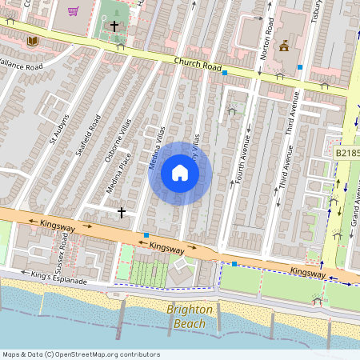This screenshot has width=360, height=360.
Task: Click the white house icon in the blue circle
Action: click(180, 173)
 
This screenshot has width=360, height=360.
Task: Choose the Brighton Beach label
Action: click(190, 316)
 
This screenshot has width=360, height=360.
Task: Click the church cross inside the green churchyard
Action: click(114, 26)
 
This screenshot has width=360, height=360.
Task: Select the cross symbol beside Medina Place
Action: click(122, 212)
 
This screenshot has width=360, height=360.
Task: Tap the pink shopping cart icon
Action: click(74, 11)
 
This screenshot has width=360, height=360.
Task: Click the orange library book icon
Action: click(32, 41)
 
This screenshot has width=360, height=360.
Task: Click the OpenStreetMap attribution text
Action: click(80, 354)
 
